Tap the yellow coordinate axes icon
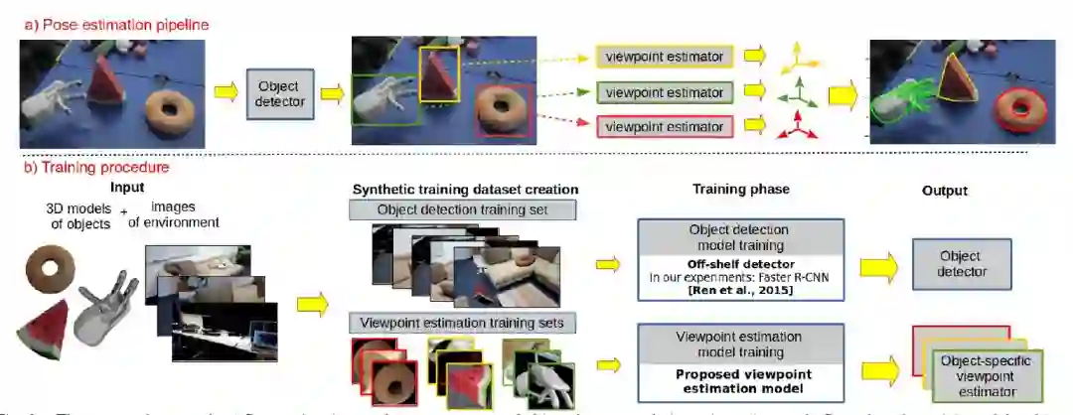coord(798,58)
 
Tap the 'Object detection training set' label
coord(463,209)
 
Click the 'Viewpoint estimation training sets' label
coord(463,323)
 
